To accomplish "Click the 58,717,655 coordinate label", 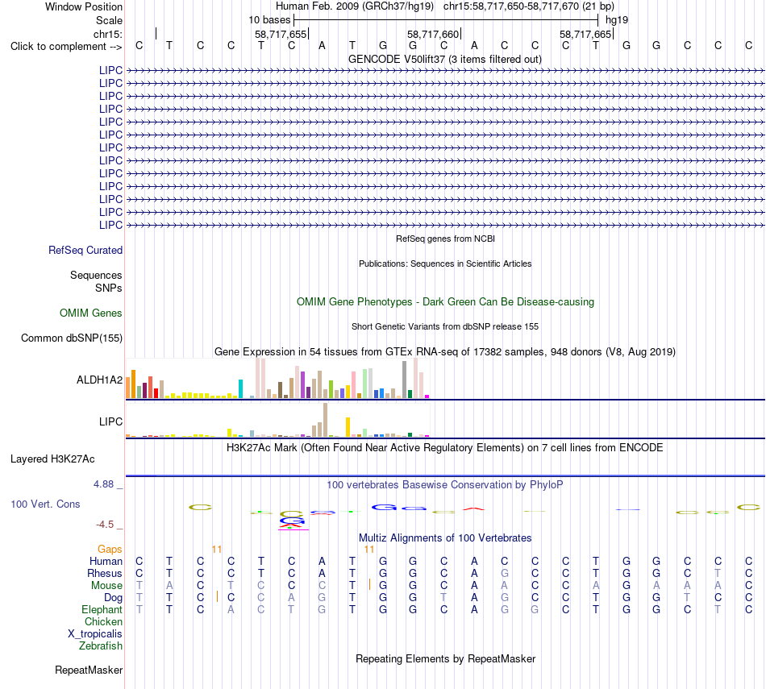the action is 281,34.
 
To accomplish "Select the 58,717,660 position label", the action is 433,34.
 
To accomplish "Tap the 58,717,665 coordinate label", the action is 585,34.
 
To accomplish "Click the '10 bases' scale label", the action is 269,20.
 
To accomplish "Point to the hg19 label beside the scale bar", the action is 617,20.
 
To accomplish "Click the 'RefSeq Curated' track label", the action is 85,250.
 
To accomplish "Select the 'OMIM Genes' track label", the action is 91,313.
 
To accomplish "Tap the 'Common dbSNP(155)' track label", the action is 72,338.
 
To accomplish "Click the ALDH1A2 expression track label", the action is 100,380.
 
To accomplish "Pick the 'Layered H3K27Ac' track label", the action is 52,459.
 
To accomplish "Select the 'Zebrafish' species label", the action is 101,645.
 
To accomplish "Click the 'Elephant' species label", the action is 102,609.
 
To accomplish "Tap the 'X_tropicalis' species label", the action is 95,634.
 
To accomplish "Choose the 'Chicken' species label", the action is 103,621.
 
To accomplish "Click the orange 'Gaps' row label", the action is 110,550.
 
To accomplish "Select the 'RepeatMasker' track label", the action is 89,670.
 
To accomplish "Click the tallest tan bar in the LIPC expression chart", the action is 326,420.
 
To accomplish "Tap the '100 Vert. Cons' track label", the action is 45,504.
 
